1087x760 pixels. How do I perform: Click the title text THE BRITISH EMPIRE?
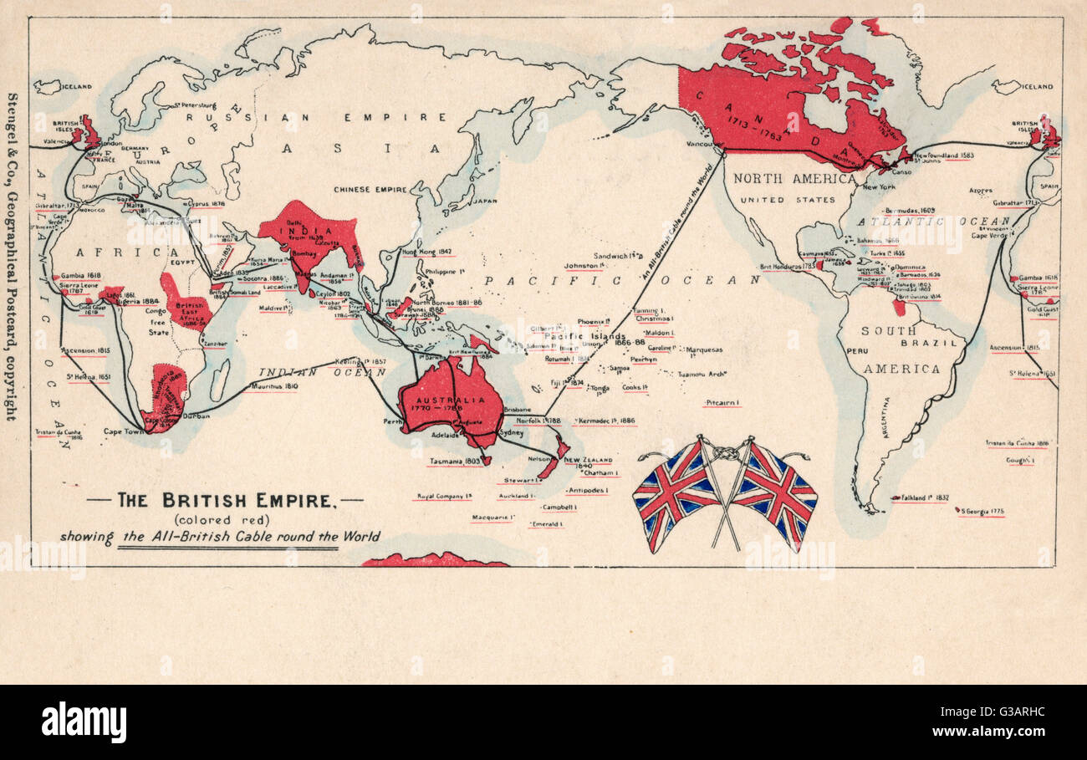225,501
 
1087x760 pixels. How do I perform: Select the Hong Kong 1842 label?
427,252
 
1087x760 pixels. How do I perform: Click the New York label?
878,187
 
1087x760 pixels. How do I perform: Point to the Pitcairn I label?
722,402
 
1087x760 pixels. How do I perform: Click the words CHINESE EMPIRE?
370,190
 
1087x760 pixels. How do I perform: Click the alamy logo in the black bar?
84,722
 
